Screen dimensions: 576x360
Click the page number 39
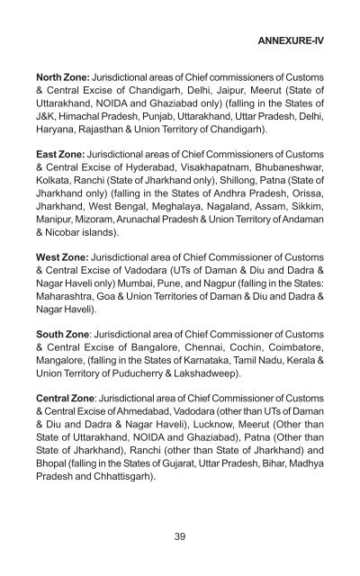click(180, 535)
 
